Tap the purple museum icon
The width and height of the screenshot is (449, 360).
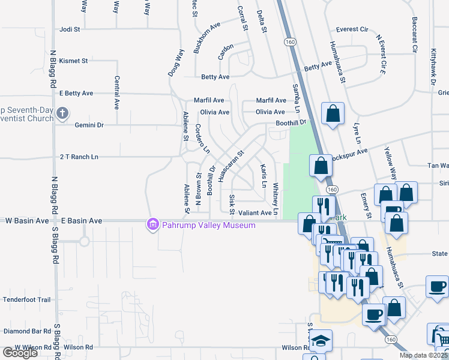pos(153,225)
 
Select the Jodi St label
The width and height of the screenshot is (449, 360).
pos(70,29)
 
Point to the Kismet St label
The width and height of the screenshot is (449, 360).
pos(73,61)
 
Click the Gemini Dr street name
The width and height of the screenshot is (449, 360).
pos(89,125)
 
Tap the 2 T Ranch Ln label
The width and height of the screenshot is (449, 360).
pos(79,157)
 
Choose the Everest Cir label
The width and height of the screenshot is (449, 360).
pos(352,29)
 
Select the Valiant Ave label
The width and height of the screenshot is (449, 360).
pos(256,212)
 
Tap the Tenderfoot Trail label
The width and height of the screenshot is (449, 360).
pos(27,299)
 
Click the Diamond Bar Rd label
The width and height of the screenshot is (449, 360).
pos(27,331)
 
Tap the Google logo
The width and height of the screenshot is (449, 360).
pos(20,352)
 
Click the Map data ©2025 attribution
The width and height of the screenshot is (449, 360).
pos(423,355)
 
